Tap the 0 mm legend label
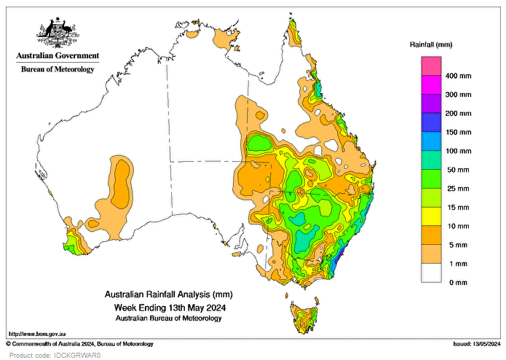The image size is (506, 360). (x=455, y=282)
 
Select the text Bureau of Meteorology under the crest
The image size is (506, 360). (x=56, y=69)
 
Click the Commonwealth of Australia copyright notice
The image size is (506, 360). (x=80, y=343)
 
